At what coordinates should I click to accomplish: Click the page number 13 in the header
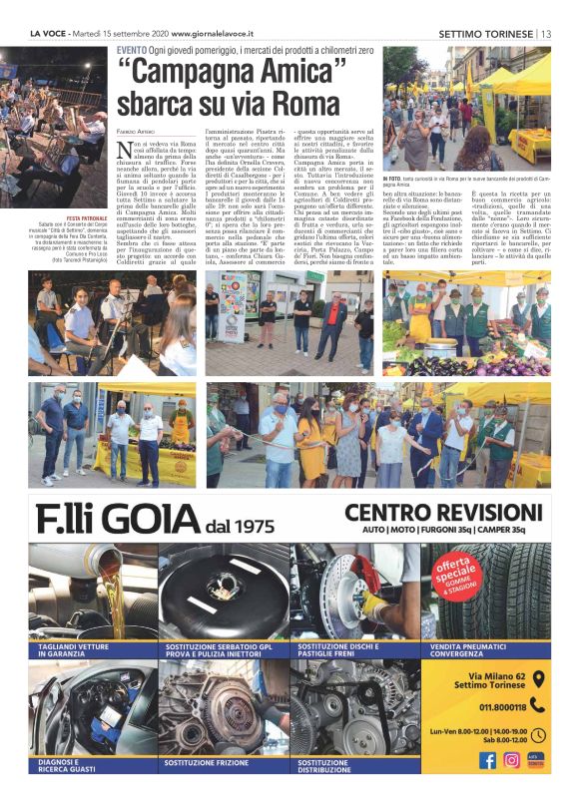545,33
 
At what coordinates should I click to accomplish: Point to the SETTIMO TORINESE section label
484,33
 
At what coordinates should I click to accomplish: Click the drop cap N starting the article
126,152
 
